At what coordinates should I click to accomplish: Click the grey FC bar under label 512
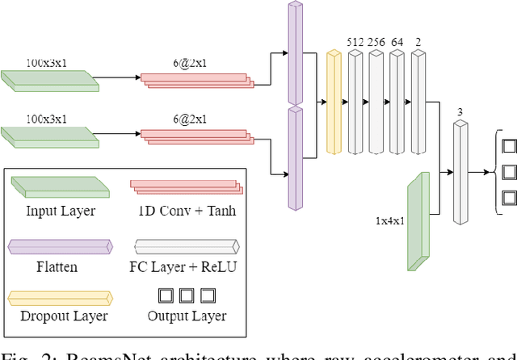click(x=355, y=102)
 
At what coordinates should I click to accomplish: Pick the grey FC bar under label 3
click(x=460, y=174)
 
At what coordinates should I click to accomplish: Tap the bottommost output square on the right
click(x=508, y=196)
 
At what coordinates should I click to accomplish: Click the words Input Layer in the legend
click(x=61, y=211)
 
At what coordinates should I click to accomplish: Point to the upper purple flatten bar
click(x=293, y=52)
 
